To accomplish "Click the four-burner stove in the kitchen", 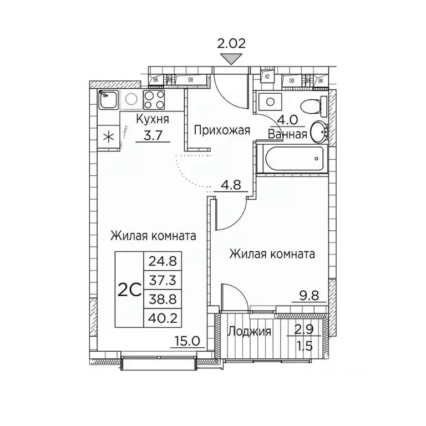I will pyautogui.click(x=154, y=100).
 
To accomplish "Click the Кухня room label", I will pyautogui.click(x=153, y=119).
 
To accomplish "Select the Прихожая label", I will pyautogui.click(x=222, y=130).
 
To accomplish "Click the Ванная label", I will pyautogui.click(x=287, y=134).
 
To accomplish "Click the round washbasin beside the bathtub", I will pyautogui.click(x=319, y=132).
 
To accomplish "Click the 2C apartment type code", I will pyautogui.click(x=129, y=289).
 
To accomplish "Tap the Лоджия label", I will pyautogui.click(x=250, y=332).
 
